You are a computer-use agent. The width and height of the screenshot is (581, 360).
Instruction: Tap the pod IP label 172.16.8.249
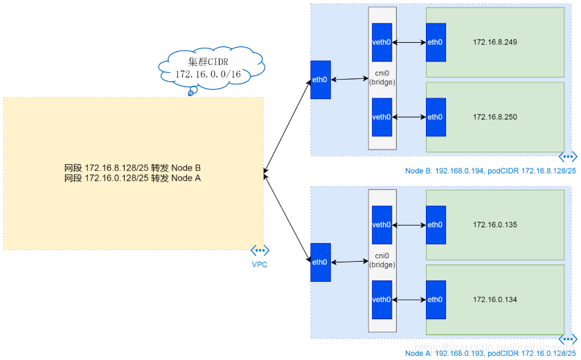point(495,42)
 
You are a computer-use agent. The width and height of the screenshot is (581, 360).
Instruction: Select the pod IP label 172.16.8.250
point(495,117)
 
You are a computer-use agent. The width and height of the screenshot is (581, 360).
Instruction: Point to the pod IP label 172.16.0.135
point(495,225)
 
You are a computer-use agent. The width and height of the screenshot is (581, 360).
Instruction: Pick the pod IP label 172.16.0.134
point(495,300)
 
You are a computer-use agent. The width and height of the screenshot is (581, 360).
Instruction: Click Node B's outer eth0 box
point(320,80)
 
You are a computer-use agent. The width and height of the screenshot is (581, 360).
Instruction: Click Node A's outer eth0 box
point(320,262)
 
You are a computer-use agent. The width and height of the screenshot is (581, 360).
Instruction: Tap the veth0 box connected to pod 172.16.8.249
point(382,42)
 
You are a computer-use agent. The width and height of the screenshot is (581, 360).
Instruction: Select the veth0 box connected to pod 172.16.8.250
point(382,117)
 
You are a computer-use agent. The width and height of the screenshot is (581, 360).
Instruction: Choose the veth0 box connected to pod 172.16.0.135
point(382,225)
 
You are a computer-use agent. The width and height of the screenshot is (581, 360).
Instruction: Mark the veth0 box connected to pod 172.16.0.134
point(382,300)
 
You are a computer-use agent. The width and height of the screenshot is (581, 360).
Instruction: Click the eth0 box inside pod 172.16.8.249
point(436,42)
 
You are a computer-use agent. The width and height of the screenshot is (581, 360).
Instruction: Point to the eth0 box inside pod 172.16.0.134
point(436,300)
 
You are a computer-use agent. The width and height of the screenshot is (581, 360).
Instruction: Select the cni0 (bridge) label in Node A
point(382,260)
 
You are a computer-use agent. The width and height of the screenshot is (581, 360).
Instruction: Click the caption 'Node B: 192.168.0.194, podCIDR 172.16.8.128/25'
point(490,170)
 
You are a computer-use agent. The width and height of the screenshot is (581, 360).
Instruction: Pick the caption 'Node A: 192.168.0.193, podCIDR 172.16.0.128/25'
point(490,352)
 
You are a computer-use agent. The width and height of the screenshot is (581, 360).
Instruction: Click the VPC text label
point(260,264)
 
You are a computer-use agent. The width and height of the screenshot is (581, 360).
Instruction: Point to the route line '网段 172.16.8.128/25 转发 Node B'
point(132,168)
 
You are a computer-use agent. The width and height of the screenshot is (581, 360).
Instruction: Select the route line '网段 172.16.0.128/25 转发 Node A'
point(132,179)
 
